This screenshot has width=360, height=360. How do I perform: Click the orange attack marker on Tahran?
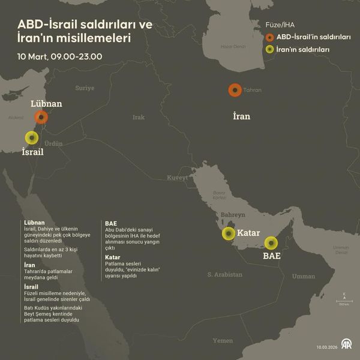[x=235, y=90]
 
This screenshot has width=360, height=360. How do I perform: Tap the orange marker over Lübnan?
[x=41, y=117]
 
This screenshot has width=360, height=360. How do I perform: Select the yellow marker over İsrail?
[x=30, y=137]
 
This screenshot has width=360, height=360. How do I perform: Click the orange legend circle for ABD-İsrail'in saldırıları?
[x=270, y=37]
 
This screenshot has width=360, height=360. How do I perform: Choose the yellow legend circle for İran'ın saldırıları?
[x=270, y=50]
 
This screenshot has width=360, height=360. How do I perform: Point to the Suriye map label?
[x=85, y=88]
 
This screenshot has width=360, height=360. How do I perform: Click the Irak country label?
[x=139, y=117]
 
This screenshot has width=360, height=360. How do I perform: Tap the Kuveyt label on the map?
[x=178, y=178]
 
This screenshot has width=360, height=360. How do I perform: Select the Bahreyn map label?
[x=233, y=214]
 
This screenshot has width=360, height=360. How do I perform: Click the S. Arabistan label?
[x=225, y=274]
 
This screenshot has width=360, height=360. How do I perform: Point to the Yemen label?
[x=223, y=340]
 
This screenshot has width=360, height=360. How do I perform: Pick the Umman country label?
[x=303, y=277]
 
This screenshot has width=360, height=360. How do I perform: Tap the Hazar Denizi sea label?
[x=233, y=46]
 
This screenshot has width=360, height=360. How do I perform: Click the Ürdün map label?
[x=53, y=143]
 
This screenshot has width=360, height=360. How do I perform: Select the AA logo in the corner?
[x=346, y=345]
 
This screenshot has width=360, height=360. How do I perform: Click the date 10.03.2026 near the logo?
[x=327, y=346]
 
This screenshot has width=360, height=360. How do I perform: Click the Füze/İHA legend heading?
[x=280, y=25]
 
